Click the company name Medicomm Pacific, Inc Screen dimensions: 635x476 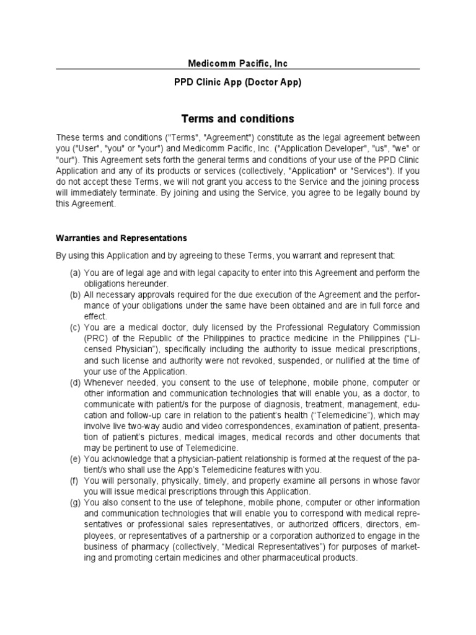pyautogui.click(x=238, y=63)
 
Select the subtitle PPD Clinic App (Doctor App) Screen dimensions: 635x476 pyautogui.click(x=238, y=82)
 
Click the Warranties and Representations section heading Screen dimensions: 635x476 pyautogui.click(x=121, y=238)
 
